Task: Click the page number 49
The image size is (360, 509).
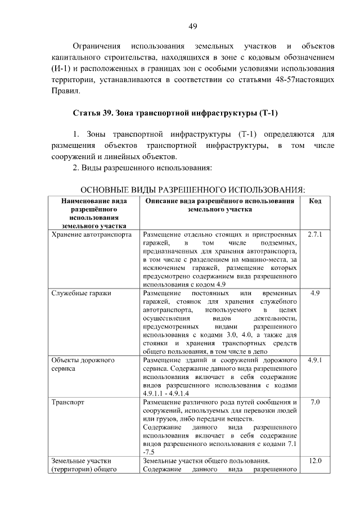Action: coord(192,26)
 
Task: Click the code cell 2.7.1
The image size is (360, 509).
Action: coord(315,233)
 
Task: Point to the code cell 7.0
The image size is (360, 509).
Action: coord(315,403)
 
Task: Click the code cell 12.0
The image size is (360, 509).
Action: coord(315,462)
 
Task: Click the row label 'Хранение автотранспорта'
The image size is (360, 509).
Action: coord(91,233)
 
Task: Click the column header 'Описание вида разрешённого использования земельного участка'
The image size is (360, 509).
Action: coord(220,205)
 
